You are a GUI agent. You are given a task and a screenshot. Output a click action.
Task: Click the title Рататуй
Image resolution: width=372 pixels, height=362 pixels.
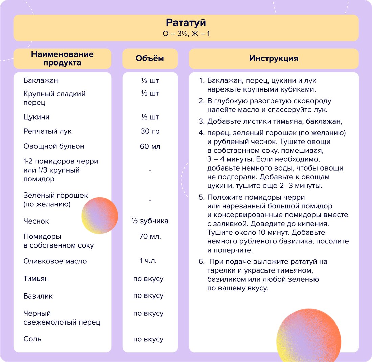pyautogui.click(x=186, y=23)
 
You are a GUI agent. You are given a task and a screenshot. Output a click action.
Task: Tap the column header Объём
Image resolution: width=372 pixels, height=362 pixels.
pyautogui.click(x=149, y=58)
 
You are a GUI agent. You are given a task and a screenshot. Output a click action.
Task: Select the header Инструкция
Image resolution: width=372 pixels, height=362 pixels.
pyautogui.click(x=274, y=58)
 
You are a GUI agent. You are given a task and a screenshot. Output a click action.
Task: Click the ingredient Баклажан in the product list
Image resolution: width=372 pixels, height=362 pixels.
pyautogui.click(x=41, y=81)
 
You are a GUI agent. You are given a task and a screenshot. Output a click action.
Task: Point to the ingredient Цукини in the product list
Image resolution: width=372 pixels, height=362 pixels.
pyautogui.click(x=37, y=117)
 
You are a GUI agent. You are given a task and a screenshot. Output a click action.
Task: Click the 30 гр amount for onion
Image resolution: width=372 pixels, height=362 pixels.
pyautogui.click(x=150, y=131)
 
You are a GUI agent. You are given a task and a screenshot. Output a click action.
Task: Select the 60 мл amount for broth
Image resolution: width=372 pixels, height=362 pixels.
pyautogui.click(x=150, y=146)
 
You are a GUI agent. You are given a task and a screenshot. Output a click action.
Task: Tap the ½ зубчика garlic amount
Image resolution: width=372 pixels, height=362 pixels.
pyautogui.click(x=150, y=221)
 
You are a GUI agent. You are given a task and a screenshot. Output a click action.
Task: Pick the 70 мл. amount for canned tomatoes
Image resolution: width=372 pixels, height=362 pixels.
pyautogui.click(x=150, y=236)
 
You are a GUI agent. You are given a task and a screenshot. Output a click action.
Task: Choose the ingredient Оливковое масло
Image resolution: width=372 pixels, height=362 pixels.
pyautogui.click(x=55, y=261)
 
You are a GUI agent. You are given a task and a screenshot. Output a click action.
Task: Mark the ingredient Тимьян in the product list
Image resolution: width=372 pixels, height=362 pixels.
pyautogui.click(x=36, y=279)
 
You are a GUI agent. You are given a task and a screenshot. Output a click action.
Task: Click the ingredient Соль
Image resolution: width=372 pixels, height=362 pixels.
pyautogui.click(x=32, y=339)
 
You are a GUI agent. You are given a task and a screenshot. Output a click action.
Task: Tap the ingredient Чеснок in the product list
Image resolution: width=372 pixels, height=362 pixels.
pyautogui.click(x=36, y=221)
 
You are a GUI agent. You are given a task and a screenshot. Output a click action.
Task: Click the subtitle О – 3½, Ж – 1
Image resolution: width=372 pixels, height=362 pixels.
pyautogui.click(x=186, y=34)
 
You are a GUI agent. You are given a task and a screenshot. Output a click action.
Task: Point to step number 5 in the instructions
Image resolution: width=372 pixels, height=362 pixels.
pyautogui.click(x=202, y=197)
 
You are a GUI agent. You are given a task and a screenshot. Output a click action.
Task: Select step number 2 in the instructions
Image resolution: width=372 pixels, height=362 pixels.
pyautogui.click(x=202, y=101)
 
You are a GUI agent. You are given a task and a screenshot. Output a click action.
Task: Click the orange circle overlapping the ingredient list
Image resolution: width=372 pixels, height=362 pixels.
pyautogui.click(x=100, y=215)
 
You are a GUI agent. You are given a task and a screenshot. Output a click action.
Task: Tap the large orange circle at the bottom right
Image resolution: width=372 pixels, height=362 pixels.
pyautogui.click(x=308, y=334)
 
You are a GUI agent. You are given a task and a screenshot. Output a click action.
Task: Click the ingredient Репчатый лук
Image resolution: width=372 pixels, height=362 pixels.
pyautogui.click(x=47, y=131)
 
